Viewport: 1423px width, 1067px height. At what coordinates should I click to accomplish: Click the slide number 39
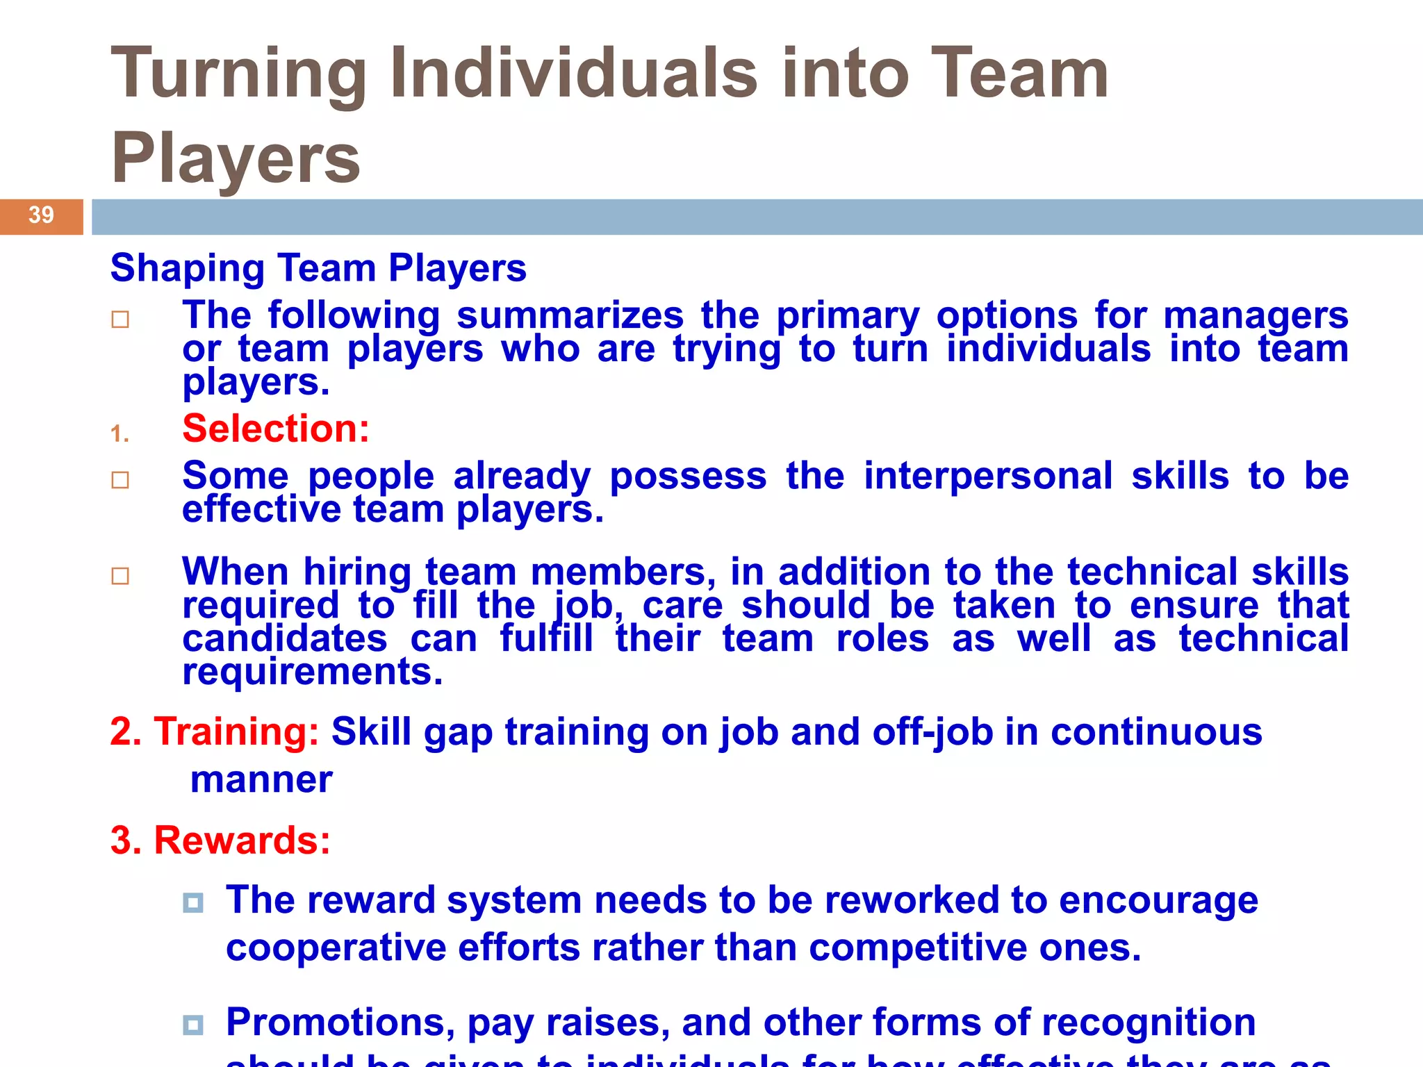[41, 215]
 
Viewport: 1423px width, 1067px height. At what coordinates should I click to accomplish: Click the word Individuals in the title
[573, 74]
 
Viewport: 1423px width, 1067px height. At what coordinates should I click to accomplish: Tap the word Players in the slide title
[236, 158]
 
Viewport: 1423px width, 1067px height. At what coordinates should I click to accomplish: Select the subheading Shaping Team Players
[318, 268]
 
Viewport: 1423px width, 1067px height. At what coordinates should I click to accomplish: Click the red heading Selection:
[275, 428]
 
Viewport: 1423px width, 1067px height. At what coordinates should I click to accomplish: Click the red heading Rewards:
[242, 840]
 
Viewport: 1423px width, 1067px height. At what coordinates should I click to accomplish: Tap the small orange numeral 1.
[119, 434]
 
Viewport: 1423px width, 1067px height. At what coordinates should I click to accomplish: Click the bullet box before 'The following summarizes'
[120, 320]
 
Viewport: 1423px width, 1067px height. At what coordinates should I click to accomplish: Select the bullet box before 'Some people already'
[120, 480]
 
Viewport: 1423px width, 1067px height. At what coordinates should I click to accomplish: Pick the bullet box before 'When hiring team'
[120, 576]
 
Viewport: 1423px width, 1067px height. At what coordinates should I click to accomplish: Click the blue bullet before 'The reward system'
[193, 903]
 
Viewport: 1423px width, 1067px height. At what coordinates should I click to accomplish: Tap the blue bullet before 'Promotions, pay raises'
[193, 1025]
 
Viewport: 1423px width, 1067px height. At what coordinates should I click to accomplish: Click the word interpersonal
[987, 477]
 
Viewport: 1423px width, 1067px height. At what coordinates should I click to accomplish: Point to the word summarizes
[570, 316]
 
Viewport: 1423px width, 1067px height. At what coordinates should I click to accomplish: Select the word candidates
[285, 639]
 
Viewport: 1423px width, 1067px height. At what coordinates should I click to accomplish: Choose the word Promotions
[340, 1023]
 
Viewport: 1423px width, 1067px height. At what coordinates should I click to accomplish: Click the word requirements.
[312, 672]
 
